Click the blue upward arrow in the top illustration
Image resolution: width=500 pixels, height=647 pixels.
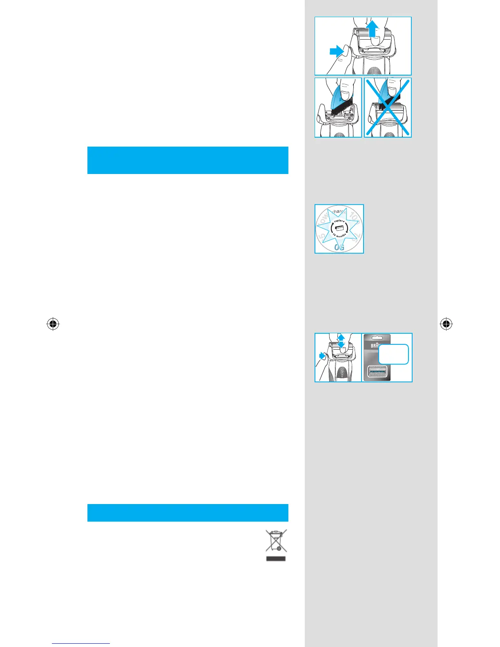tap(373, 30)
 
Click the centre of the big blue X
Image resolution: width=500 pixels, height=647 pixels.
tap(388, 108)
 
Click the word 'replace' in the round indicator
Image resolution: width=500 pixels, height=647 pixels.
tap(339, 221)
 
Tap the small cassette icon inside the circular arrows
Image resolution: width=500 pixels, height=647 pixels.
tap(339, 228)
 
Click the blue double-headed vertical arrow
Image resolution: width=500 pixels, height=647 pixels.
tap(341, 341)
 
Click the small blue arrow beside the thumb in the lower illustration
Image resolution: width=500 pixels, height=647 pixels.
tap(322, 356)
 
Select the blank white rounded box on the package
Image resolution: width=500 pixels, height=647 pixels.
tap(393, 354)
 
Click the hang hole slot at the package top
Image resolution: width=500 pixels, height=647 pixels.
tap(377, 338)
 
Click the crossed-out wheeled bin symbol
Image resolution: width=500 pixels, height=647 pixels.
tap(276, 541)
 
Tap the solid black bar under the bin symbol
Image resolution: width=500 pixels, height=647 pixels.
tap(276, 558)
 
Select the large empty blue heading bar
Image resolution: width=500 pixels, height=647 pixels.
tap(188, 160)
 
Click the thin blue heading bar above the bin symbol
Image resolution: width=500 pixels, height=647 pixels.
tap(188, 513)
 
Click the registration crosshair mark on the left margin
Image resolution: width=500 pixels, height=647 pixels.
tap(53, 324)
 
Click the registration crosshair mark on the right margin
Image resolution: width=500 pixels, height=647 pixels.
tap(446, 324)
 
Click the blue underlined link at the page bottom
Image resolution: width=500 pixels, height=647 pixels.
tap(81, 644)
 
